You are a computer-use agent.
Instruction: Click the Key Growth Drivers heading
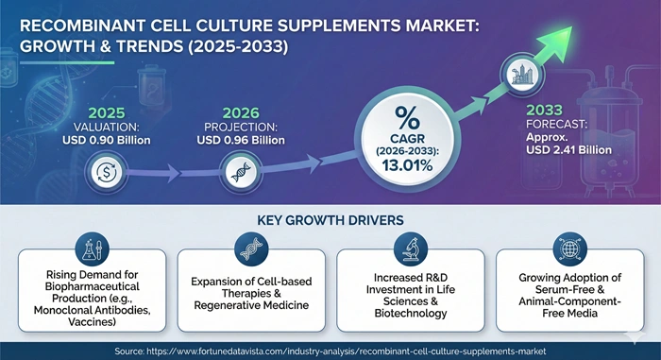click(x=330, y=220)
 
